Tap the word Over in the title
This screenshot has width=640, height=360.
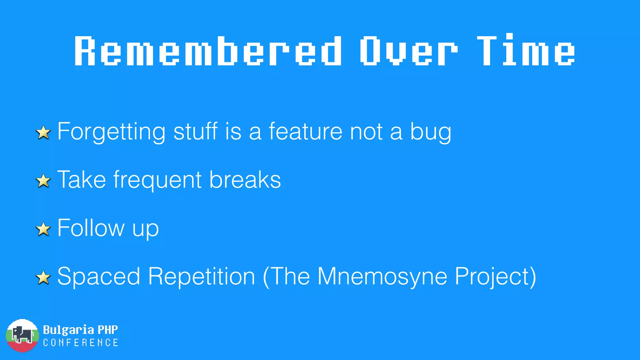(408, 51)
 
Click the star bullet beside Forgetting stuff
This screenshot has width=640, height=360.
(43, 132)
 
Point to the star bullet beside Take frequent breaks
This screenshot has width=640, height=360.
(43, 181)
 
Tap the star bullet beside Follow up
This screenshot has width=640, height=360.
(43, 229)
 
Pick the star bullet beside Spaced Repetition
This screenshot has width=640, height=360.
(43, 277)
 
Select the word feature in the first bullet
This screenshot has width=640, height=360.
(305, 131)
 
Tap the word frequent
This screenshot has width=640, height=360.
(157, 180)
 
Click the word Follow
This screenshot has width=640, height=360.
(91, 228)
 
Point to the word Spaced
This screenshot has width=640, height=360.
(99, 277)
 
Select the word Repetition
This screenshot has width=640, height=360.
(202, 277)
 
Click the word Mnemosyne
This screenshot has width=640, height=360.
(382, 277)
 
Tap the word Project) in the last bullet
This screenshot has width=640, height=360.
(495, 277)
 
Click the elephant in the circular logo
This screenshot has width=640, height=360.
(22, 335)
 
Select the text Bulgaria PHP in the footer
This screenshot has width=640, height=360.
(80, 330)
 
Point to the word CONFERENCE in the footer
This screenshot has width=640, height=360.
(81, 343)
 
